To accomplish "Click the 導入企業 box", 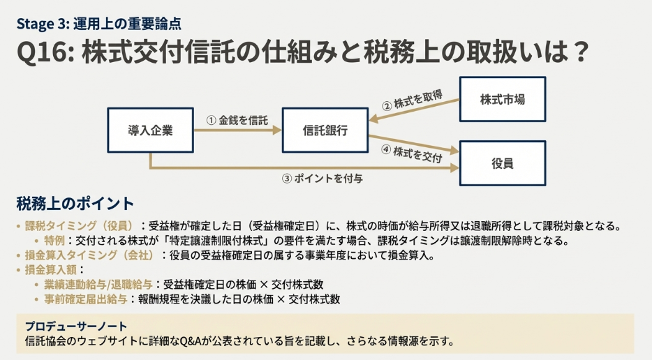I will pyautogui.click(x=150, y=130).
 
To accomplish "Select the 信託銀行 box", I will pyautogui.click(x=325, y=130).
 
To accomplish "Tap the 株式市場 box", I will pyautogui.click(x=502, y=99).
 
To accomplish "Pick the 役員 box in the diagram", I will pyautogui.click(x=502, y=163).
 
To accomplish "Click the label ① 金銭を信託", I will pyautogui.click(x=237, y=120).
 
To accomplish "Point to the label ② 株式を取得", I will pyautogui.click(x=411, y=100).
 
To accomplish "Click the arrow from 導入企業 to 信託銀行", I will pyautogui.click(x=237, y=130).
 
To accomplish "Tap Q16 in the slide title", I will pyautogui.click(x=43, y=54).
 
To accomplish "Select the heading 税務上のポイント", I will pyautogui.click(x=75, y=204).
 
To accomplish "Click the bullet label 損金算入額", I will pyautogui.click(x=52, y=270).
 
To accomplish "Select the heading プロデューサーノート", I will pyautogui.click(x=75, y=327).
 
